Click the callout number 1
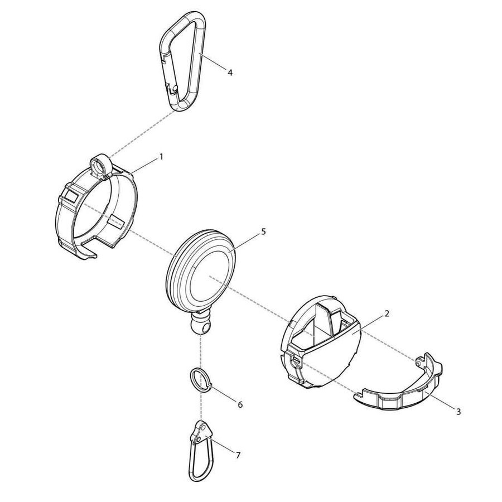161,157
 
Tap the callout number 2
387,314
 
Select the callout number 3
458,412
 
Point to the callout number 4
229,71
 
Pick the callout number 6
240,404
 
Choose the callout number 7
238,456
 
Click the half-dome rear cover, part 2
329,357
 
